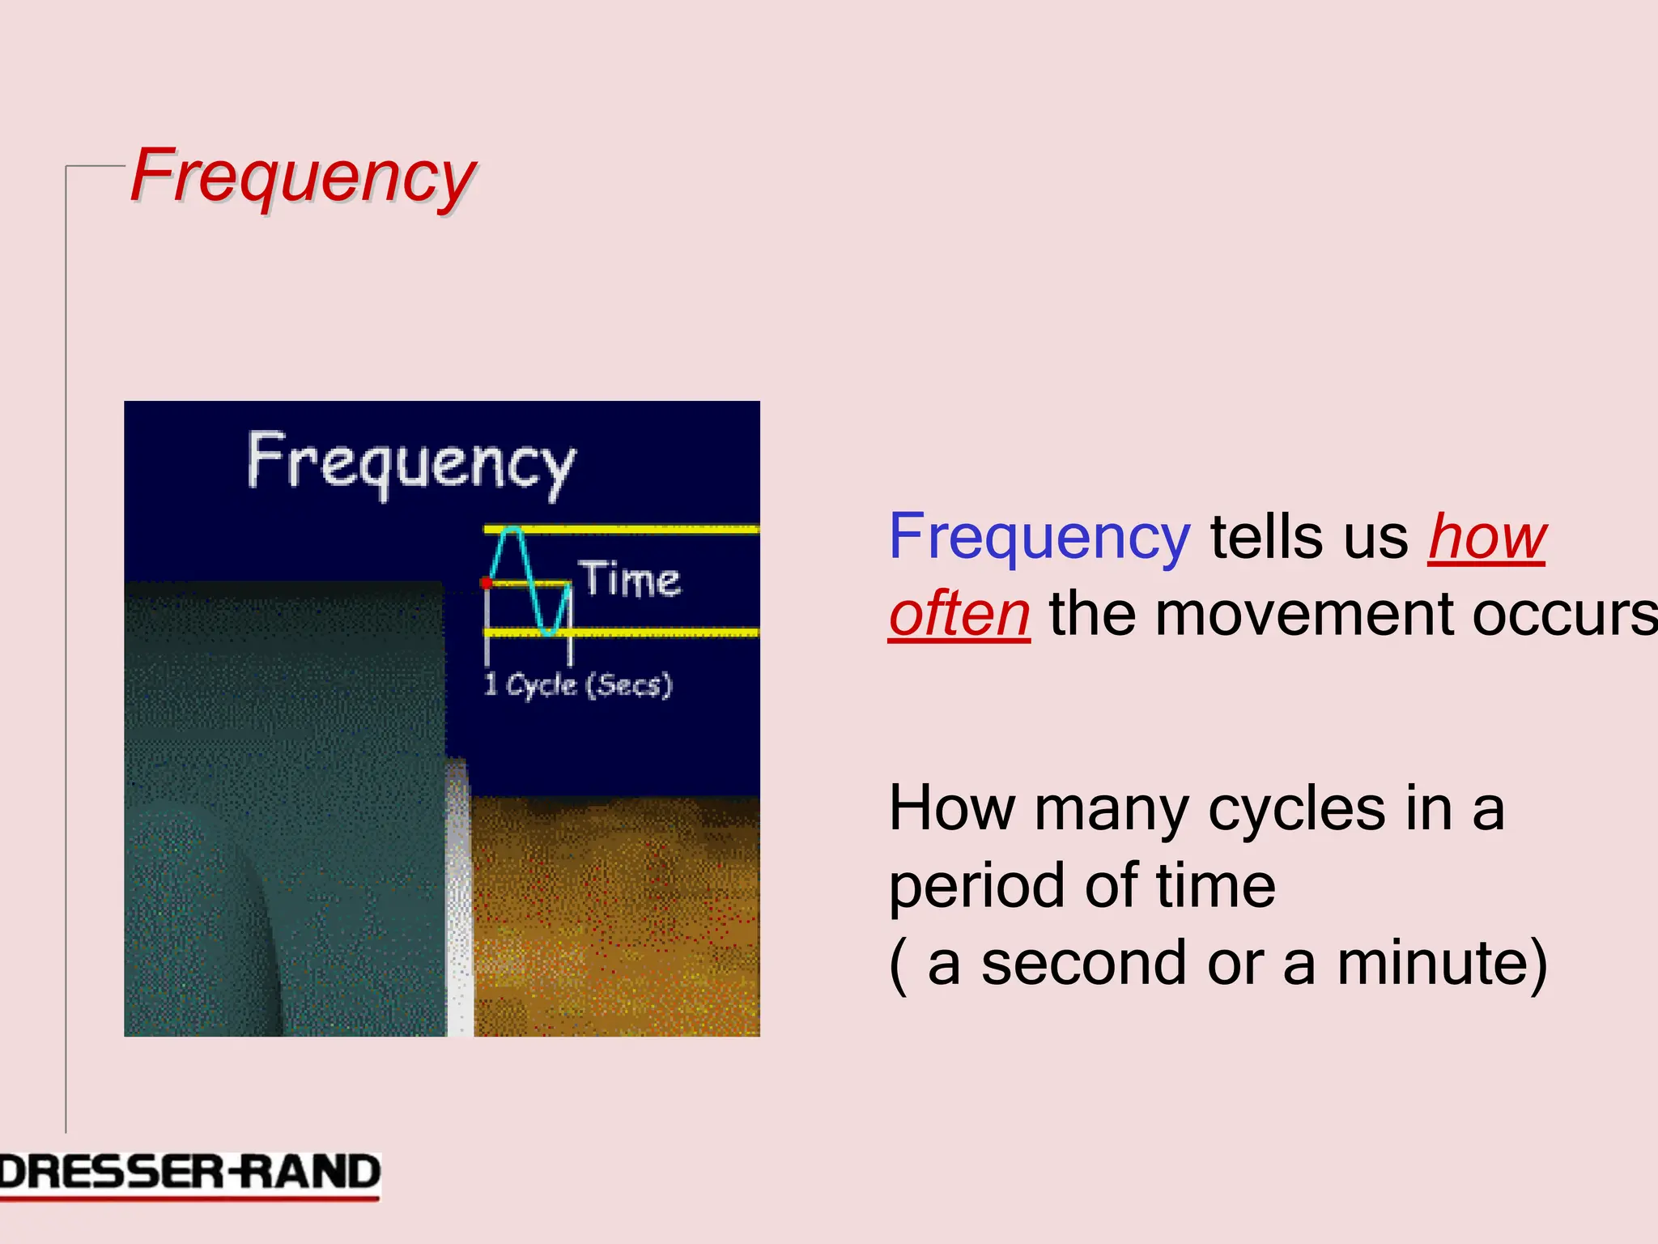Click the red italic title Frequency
coord(303,176)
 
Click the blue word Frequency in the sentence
coord(1039,537)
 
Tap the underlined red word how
coord(1487,537)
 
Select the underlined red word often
coord(959,614)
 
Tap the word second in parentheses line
coord(1083,964)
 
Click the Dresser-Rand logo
coord(189,1174)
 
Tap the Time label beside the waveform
coord(631,580)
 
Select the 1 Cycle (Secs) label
coord(577,685)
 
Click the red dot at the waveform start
coord(486,583)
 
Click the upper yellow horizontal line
coord(648,529)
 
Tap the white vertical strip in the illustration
coord(459,899)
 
